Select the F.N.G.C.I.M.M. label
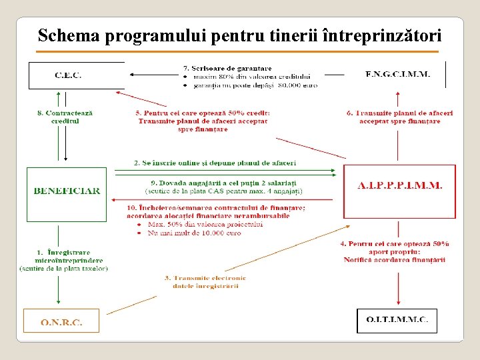point(398,74)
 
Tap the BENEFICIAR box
point(67,191)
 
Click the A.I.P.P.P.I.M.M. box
point(399,186)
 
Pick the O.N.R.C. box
point(61,322)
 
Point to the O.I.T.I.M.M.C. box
point(397,320)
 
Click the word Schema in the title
point(70,35)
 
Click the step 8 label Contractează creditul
point(65,117)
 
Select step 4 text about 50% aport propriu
point(395,251)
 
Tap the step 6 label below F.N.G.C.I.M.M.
point(400,117)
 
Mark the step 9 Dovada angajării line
point(224,183)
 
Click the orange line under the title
point(238,51)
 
